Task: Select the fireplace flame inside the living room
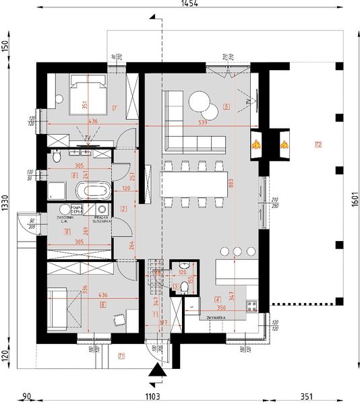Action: click(x=256, y=143)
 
